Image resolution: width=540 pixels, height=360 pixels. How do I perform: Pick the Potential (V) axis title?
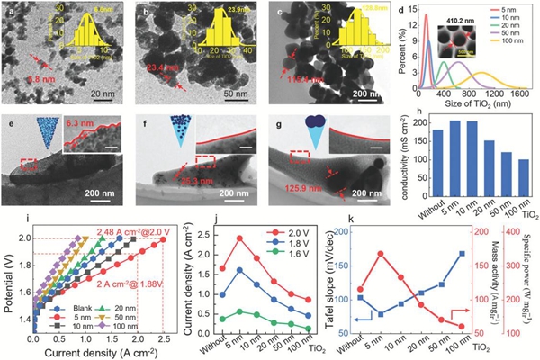click(x=7, y=274)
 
